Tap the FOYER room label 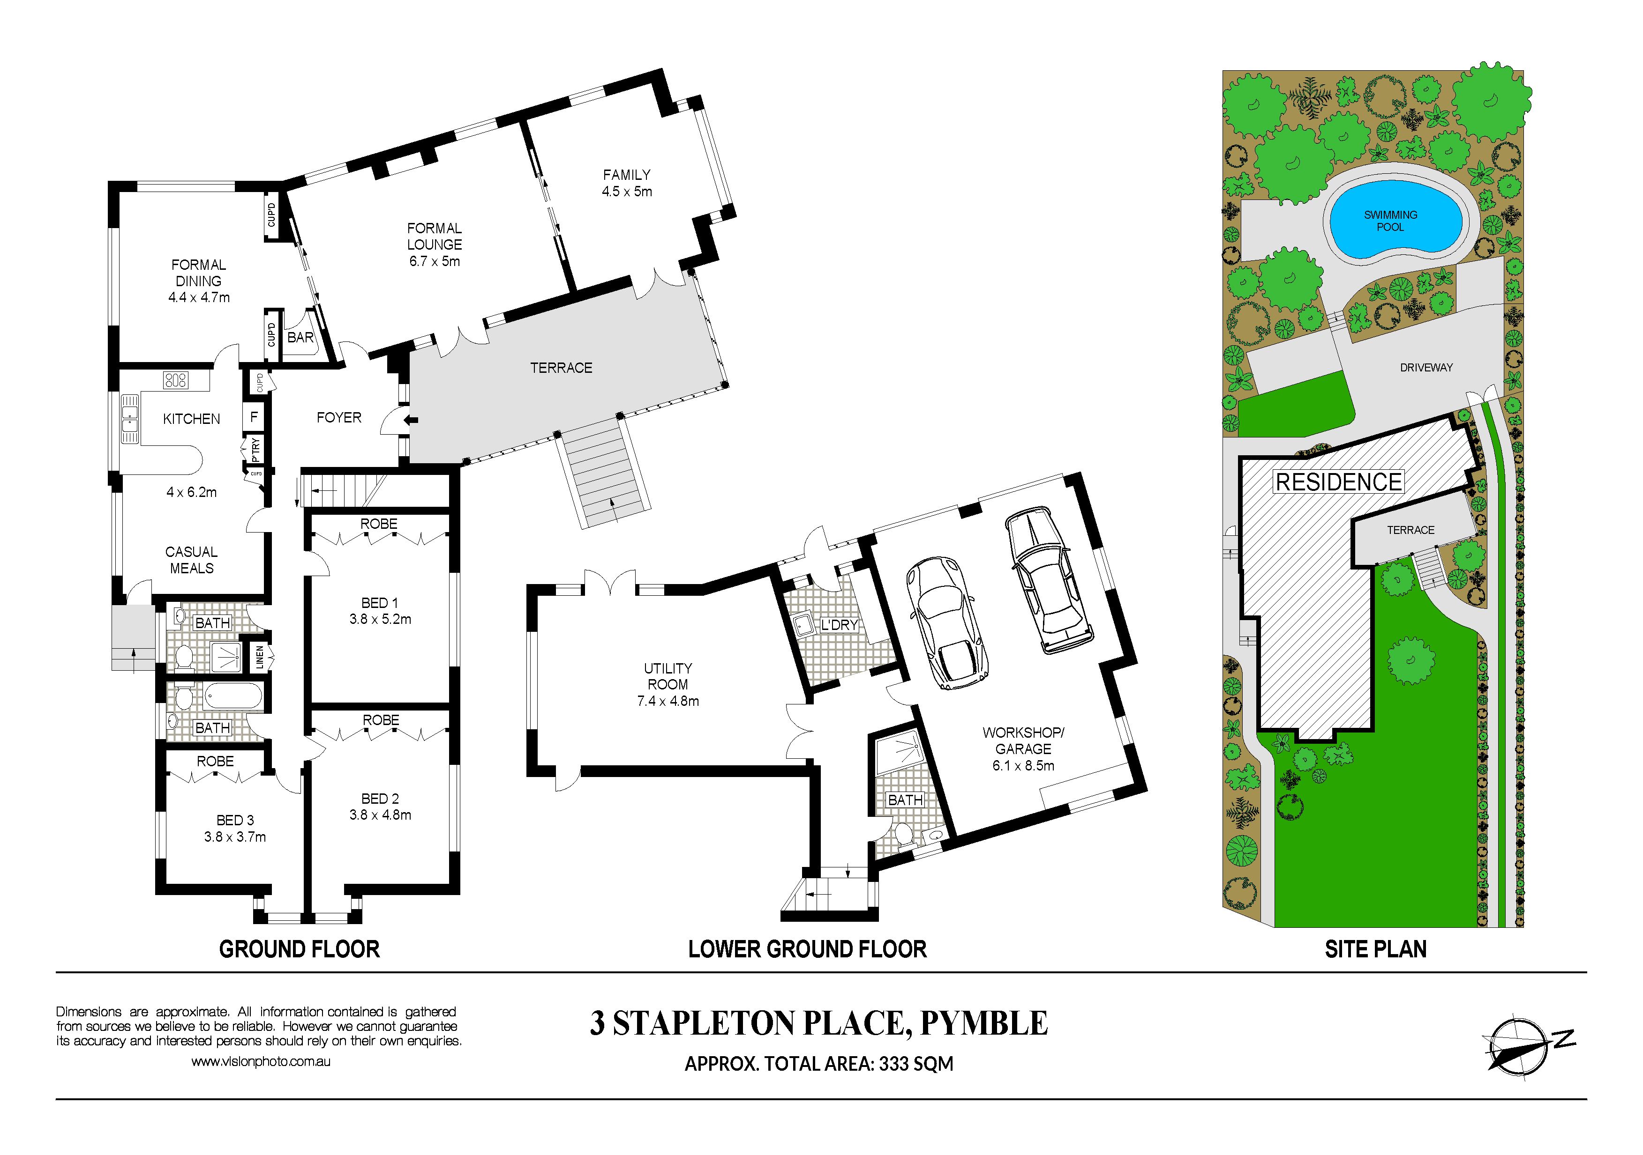pyautogui.click(x=339, y=417)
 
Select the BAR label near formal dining pyautogui.click(x=300, y=337)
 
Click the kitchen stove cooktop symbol pyautogui.click(x=175, y=380)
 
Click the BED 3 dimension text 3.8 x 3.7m pyautogui.click(x=235, y=837)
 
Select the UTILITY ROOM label pyautogui.click(x=668, y=676)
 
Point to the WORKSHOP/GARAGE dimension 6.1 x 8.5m pyautogui.click(x=1023, y=765)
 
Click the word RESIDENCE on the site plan pyautogui.click(x=1339, y=482)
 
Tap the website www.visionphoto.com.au pyautogui.click(x=261, y=1062)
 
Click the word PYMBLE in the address pyautogui.click(x=984, y=1023)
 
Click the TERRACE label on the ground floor pyautogui.click(x=561, y=368)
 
